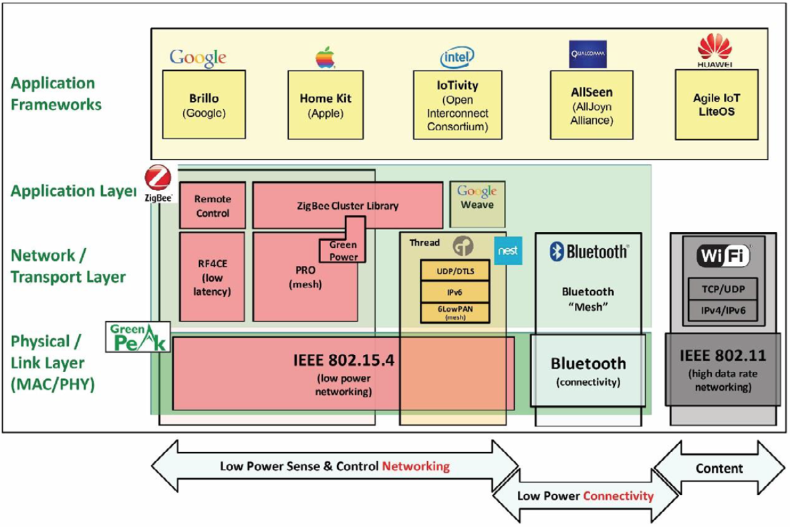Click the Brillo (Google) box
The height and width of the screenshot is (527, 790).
(204, 104)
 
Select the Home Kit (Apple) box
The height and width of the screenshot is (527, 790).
(325, 104)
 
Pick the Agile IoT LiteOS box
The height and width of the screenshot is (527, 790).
(716, 105)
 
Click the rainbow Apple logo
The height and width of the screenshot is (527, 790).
(324, 58)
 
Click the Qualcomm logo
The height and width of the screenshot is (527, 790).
(587, 54)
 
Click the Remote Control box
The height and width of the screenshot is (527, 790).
(213, 205)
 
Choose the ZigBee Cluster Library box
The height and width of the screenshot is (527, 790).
(348, 205)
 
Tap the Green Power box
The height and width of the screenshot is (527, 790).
(343, 250)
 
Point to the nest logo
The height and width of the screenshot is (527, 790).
(509, 251)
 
